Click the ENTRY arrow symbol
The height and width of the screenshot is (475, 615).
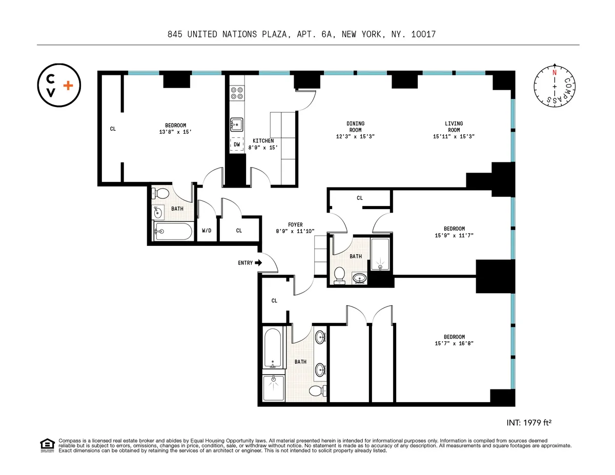pyautogui.click(x=258, y=263)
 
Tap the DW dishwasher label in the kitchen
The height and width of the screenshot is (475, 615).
pyautogui.click(x=237, y=145)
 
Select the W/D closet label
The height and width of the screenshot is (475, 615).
pyautogui.click(x=206, y=231)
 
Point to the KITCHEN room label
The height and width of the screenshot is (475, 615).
pyautogui.click(x=263, y=141)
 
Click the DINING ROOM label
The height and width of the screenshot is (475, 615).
pyautogui.click(x=356, y=127)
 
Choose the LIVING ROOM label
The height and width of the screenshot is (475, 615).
pyautogui.click(x=454, y=127)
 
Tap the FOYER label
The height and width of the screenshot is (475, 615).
pyautogui.click(x=295, y=225)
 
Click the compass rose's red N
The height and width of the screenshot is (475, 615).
pyautogui.click(x=554, y=72)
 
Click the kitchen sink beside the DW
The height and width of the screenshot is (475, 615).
pyautogui.click(x=236, y=124)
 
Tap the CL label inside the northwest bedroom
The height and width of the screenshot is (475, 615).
pyautogui.click(x=113, y=129)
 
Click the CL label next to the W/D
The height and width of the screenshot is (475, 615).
pyautogui.click(x=239, y=231)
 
